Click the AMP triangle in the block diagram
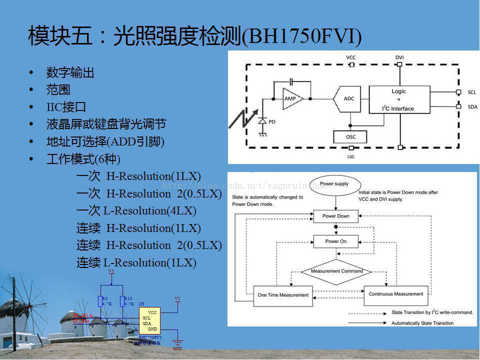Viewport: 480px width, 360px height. (291, 98)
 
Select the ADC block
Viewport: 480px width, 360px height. (348, 98)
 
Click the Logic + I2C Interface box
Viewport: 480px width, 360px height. (399, 100)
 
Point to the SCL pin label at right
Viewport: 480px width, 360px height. (472, 92)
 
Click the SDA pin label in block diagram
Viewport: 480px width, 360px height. (472, 106)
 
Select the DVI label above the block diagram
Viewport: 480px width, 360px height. (399, 57)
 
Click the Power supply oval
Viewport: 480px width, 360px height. (334, 184)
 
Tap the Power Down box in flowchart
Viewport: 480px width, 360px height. (335, 216)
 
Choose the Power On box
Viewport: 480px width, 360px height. (335, 241)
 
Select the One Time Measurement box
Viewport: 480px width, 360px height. (283, 295)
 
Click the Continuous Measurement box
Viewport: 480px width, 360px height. (395, 294)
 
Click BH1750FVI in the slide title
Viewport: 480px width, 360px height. (301, 37)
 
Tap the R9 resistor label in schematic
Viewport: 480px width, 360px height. (104, 298)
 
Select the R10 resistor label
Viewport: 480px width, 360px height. (128, 298)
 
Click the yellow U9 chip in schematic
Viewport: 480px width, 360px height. (149, 320)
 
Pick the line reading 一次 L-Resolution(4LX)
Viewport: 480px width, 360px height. (136, 210)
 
